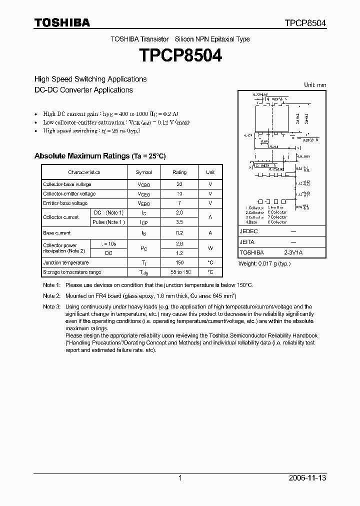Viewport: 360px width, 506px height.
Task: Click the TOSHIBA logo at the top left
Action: tap(62, 22)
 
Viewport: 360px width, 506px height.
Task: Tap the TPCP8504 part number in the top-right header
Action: tap(305, 23)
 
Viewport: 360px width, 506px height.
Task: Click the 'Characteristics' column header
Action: tap(84, 172)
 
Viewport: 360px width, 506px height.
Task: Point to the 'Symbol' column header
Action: tap(143, 172)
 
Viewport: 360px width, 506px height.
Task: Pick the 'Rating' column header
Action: tap(179, 172)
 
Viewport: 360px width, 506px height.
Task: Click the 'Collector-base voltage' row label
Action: tap(67, 184)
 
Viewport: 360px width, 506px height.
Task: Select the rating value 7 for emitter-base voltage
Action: tap(179, 203)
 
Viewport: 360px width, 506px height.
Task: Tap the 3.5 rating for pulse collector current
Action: tap(179, 222)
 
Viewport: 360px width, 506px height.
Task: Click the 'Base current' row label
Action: tap(57, 233)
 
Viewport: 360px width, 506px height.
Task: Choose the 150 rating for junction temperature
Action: tap(179, 262)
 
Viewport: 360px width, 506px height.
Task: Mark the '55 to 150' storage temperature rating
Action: tap(179, 272)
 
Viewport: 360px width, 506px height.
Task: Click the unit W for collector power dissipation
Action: tap(210, 248)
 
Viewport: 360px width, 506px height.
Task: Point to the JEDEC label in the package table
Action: tap(248, 231)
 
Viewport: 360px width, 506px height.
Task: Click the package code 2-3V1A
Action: tap(293, 252)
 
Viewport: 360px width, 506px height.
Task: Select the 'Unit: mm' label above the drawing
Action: tap(315, 85)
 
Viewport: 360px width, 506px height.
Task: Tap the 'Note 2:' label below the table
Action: tap(51, 296)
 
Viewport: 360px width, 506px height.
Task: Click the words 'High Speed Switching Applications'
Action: tap(90, 79)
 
